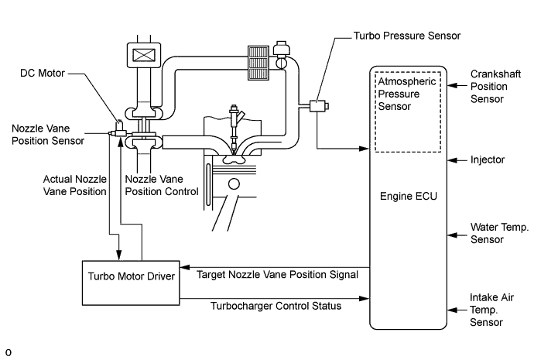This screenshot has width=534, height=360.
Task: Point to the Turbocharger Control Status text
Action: tap(276, 306)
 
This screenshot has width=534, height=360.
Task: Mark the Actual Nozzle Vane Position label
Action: tap(74, 185)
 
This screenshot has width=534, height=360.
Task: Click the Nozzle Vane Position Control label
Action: tap(161, 185)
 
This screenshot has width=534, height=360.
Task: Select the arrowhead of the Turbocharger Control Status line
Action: tap(366, 297)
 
